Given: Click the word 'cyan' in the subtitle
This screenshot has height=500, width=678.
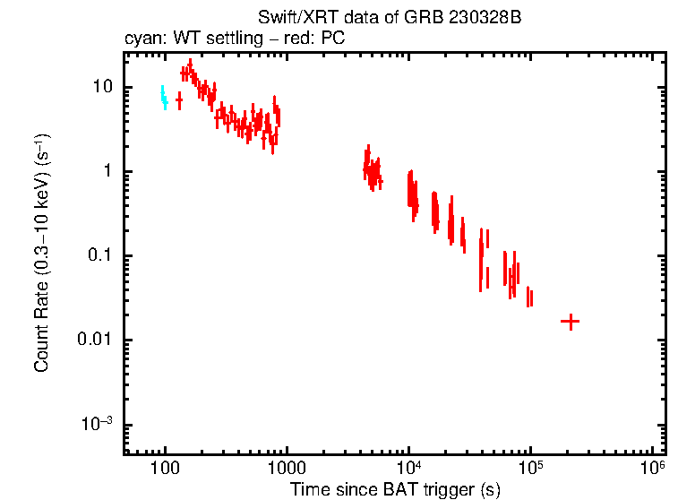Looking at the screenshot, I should pos(141,39).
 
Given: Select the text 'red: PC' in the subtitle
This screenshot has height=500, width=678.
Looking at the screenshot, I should pos(319,39).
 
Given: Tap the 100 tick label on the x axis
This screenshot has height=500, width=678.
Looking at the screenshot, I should pos(165,469).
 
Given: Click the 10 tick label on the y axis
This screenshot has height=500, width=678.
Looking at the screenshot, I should pos(102,88).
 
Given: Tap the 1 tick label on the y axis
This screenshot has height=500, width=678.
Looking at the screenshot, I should pos(107,172).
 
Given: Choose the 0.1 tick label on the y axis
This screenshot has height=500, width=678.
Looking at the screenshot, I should pos(99,256).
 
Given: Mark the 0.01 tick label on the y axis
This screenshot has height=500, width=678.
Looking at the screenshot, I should pos(95,341).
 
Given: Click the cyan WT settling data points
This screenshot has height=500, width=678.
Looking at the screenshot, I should pos(163,96).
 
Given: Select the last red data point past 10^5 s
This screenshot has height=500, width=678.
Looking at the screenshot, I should pos(570,321).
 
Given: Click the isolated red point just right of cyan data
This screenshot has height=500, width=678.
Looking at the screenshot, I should pos(179,100).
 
